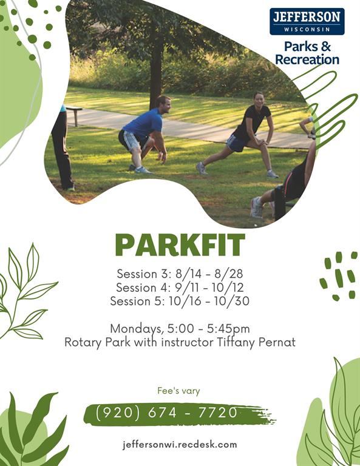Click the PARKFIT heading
[180, 245]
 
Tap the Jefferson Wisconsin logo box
[307, 21]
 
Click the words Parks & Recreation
[307, 53]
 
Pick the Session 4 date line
[180, 287]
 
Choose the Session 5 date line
[180, 301]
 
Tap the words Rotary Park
[95, 342]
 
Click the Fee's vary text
[178, 391]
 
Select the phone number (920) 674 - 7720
[167, 413]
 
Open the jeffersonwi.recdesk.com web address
[180, 444]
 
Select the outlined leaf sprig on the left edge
[24, 291]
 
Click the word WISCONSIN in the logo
[307, 28]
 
